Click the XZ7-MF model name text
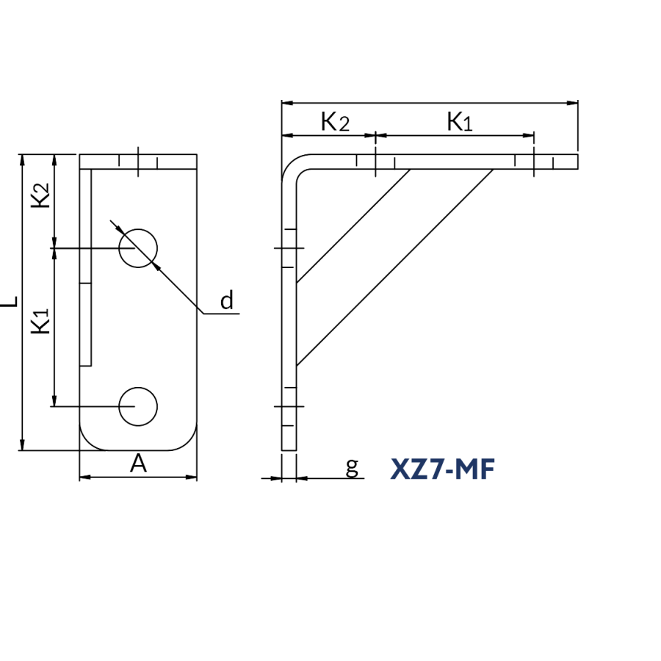click(442, 469)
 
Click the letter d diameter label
click(227, 300)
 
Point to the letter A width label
click(138, 463)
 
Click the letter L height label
click(10, 301)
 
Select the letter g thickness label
click(352, 467)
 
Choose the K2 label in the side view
click(335, 122)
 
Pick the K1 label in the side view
click(460, 122)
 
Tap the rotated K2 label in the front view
click(40, 195)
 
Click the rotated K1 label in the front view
click(40, 321)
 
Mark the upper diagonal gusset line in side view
click(353, 226)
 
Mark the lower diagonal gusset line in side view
click(394, 267)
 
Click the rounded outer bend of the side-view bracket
click(291, 163)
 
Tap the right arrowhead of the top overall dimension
click(572, 102)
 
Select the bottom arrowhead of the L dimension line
click(22, 445)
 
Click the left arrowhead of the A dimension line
click(85, 477)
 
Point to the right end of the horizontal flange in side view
click(577, 162)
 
